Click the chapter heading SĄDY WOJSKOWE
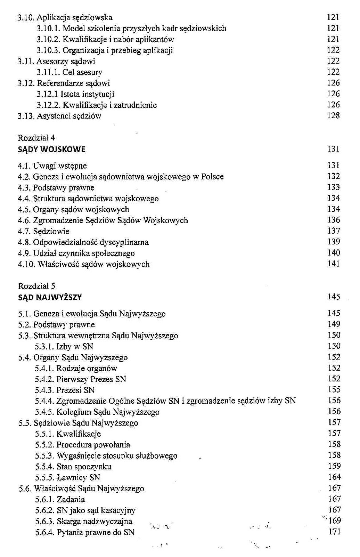(51, 150)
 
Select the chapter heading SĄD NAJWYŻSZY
(50, 297)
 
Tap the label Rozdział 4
(36, 138)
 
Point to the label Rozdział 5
(36, 286)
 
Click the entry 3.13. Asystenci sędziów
(59, 116)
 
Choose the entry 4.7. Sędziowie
(44, 231)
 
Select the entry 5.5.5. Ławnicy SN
(67, 478)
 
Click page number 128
(333, 115)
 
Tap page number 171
(334, 532)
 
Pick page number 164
(334, 477)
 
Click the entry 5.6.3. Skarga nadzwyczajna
(83, 522)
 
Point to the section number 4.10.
(26, 264)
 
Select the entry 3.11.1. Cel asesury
(69, 72)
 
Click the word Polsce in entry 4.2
(212, 177)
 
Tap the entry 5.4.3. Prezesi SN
(65, 390)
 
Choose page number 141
(333, 264)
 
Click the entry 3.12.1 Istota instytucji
(75, 94)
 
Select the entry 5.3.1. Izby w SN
(64, 347)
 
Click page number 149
(334, 324)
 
